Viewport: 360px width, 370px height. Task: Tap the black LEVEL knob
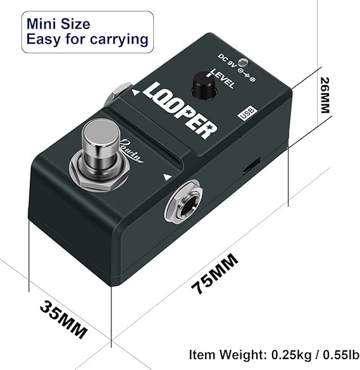[205, 83]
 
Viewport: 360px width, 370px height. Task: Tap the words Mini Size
[58, 23]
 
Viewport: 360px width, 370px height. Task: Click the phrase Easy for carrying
[87, 39]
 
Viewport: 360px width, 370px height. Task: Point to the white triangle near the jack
[168, 178]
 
